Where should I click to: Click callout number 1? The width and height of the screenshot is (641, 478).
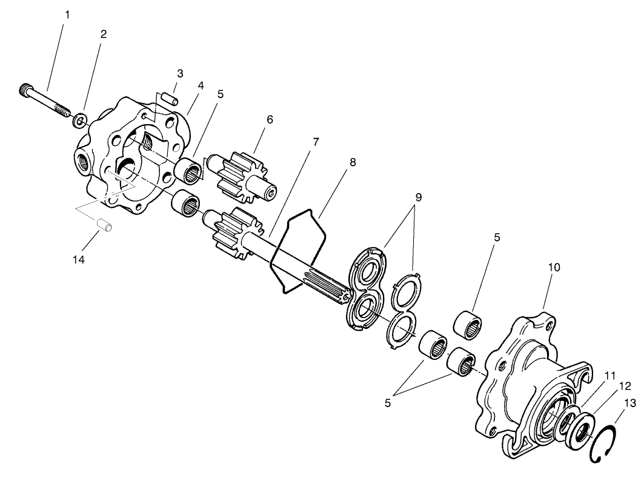point(67,13)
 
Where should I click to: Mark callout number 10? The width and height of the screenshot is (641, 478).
point(554,267)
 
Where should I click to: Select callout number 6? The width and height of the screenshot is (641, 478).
point(269,119)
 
